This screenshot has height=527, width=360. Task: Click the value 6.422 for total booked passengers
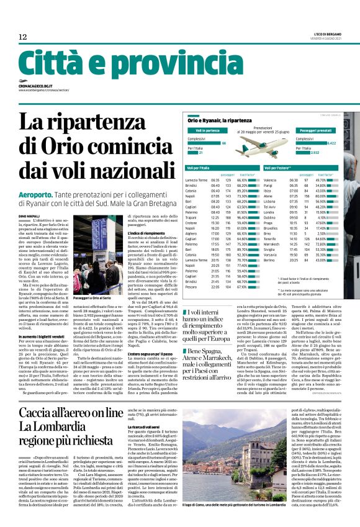(x=331, y=143)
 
